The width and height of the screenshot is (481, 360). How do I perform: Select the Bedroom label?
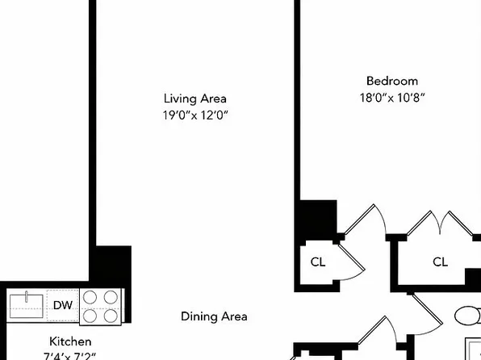point(392,81)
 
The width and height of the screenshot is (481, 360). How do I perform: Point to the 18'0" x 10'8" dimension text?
point(392,98)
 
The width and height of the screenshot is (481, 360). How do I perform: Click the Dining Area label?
point(214,316)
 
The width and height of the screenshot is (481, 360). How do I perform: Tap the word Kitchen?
point(70,341)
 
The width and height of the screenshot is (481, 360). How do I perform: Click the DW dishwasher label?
point(63,306)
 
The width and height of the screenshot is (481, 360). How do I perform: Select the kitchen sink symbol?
point(27,306)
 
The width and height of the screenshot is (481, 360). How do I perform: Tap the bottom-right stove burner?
point(111,316)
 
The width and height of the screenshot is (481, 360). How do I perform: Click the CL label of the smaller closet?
point(318,262)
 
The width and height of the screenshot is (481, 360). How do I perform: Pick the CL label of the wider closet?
point(440,262)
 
